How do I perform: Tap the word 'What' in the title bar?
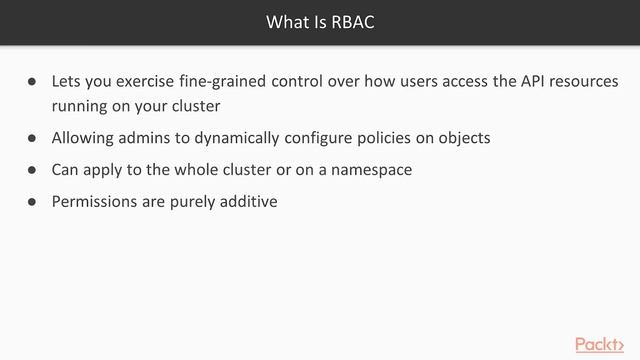[x=287, y=21]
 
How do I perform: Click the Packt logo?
[x=605, y=344]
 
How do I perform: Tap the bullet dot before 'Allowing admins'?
[x=32, y=138]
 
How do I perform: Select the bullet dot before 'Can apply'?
[x=32, y=170]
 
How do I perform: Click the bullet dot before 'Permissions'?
[x=32, y=201]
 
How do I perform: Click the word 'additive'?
[x=245, y=201]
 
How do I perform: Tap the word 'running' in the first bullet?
[x=82, y=104]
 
